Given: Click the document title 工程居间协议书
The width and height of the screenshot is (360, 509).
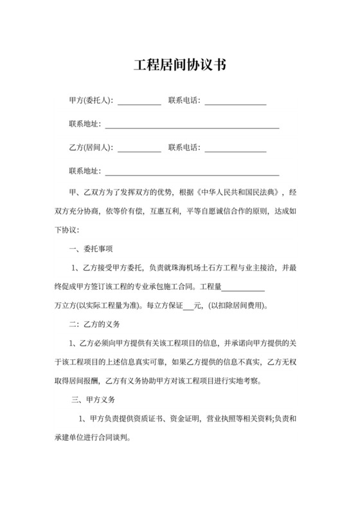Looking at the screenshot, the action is point(179,66).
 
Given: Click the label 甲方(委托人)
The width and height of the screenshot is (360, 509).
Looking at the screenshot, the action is point(90,100).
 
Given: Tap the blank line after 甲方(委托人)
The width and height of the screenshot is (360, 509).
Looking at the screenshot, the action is point(139,102).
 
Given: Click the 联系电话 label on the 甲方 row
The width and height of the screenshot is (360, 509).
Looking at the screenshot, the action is point(184,100).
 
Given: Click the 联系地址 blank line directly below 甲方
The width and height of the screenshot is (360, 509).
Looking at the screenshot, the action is point(192,126).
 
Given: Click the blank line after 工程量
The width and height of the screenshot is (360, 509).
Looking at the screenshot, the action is point(243,287).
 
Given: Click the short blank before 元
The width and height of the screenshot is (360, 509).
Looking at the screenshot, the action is point(188,306).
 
